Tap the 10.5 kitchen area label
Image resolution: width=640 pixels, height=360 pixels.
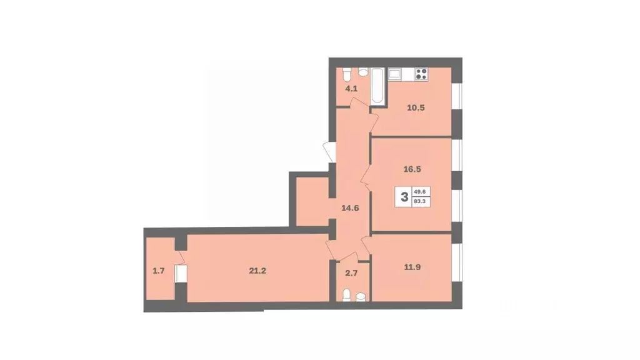coord(415,107)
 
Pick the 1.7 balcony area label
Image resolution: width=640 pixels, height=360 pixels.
coord(159,271)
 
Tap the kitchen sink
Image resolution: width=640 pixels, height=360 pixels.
coord(396,74)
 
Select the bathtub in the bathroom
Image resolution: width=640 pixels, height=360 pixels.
coord(378,87)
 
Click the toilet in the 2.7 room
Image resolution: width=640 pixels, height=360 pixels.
coord(346,294)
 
